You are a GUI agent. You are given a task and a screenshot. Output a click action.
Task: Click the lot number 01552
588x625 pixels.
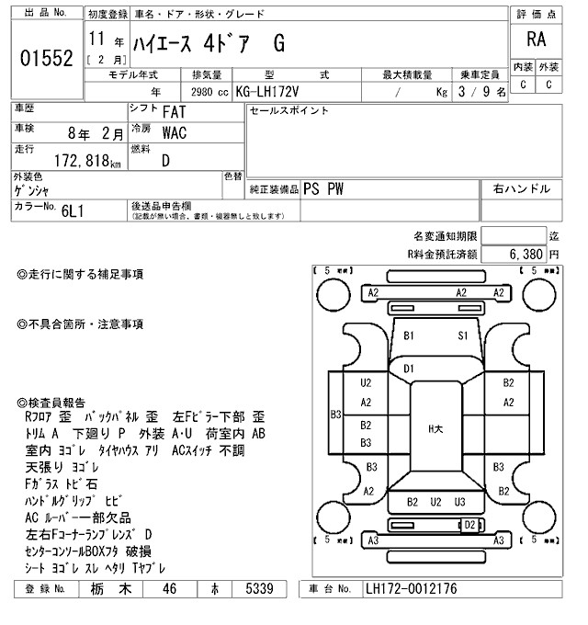[47, 58]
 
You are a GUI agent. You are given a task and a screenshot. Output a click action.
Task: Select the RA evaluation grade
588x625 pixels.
[535, 40]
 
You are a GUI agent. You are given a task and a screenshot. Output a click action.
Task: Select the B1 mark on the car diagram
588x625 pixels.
[410, 336]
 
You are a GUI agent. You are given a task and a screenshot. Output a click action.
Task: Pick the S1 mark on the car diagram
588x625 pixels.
[464, 336]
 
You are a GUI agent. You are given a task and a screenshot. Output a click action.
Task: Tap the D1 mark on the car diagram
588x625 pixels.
[410, 369]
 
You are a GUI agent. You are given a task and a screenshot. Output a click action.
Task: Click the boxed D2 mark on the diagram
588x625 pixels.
[469, 524]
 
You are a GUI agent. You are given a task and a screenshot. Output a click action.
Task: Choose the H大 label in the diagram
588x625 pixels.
[436, 428]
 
